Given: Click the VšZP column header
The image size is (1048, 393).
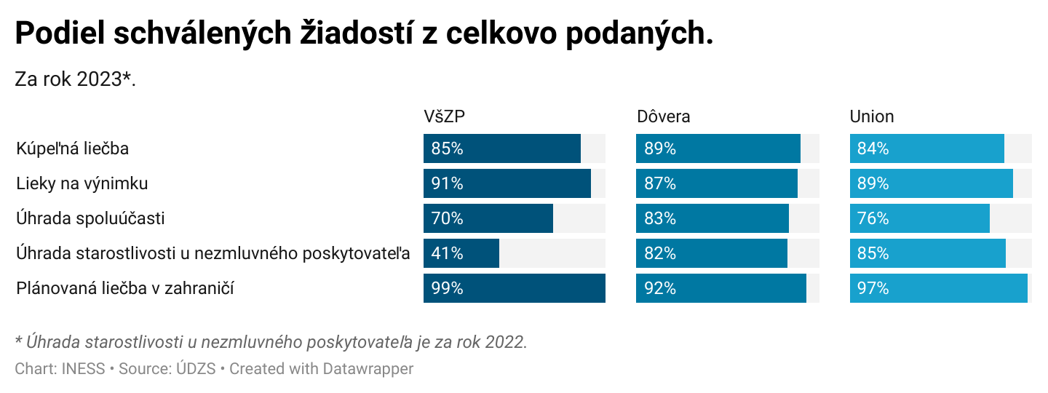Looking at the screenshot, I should pos(444,116).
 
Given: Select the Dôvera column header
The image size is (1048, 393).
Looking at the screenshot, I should pos(663,116).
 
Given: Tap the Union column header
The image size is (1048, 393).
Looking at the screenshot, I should pos(872,116).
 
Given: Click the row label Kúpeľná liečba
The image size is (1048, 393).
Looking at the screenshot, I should pos(73,148).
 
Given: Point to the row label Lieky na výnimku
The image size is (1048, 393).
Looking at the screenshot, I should pos(82,183).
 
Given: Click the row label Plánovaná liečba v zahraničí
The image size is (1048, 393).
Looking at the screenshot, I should pos(125,288).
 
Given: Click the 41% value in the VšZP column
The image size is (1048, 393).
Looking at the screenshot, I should pos(447,253).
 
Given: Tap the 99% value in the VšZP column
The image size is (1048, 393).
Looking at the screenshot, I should pos(447,288).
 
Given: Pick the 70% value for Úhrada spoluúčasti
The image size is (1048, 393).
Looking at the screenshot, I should pos(447,218).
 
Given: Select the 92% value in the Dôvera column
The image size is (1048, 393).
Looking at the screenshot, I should pos(660,288).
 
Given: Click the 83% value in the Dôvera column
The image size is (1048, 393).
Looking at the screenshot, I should pos(660,218).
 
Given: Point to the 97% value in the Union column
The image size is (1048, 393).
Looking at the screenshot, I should pos(873,288).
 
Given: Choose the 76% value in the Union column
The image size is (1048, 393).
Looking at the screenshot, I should pos(873,218).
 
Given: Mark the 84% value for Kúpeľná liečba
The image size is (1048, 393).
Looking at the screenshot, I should pos(873,148).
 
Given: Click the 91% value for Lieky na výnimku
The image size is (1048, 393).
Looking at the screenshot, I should pos(447,183).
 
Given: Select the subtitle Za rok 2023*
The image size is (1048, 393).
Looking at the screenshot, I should pos(76,79).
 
